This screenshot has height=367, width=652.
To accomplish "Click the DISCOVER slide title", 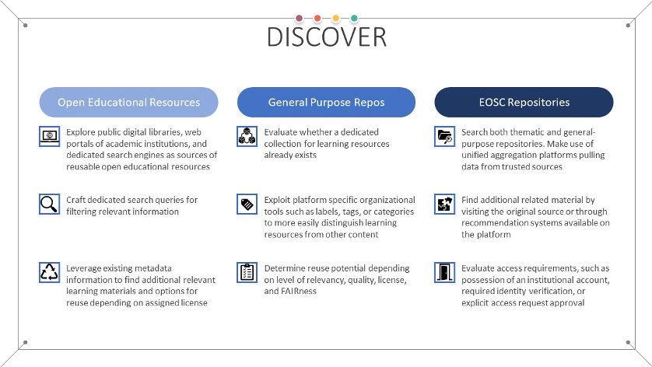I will [326, 37].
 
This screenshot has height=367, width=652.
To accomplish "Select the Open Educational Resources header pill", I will [128, 102].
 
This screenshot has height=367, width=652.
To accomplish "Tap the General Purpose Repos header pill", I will [326, 102].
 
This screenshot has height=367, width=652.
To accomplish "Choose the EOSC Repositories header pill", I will [524, 102].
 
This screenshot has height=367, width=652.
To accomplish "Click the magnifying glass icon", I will [49, 204].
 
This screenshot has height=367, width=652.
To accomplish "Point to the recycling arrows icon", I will [49, 272].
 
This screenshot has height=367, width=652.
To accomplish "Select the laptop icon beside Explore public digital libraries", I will [49, 137].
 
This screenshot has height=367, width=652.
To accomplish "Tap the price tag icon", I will [247, 204].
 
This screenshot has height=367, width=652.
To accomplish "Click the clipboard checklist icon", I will [247, 272].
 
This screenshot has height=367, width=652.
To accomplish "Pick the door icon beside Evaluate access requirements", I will [444, 272].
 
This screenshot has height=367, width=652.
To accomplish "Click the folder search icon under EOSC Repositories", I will [444, 137].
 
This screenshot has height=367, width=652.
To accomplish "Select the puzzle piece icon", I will [444, 204].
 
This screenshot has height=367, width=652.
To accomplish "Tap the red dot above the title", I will [317, 18].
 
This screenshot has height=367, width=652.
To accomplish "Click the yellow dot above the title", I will [335, 18].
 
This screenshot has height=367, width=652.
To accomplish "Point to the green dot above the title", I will [354, 18].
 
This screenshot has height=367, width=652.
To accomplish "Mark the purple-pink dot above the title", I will [299, 18].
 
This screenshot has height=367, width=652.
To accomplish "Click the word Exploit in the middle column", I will [278, 200].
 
